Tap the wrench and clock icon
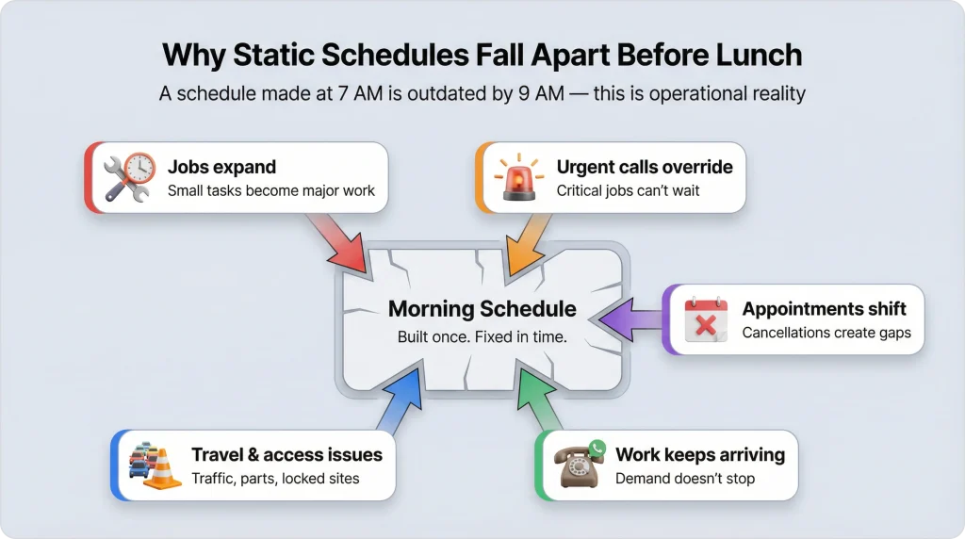[x=128, y=178]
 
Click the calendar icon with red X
[x=707, y=319]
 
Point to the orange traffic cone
[x=163, y=467]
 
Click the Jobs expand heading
[x=221, y=167]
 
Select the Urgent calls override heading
[x=645, y=167]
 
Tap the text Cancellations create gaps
[x=826, y=333]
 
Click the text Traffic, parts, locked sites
[x=275, y=479]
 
